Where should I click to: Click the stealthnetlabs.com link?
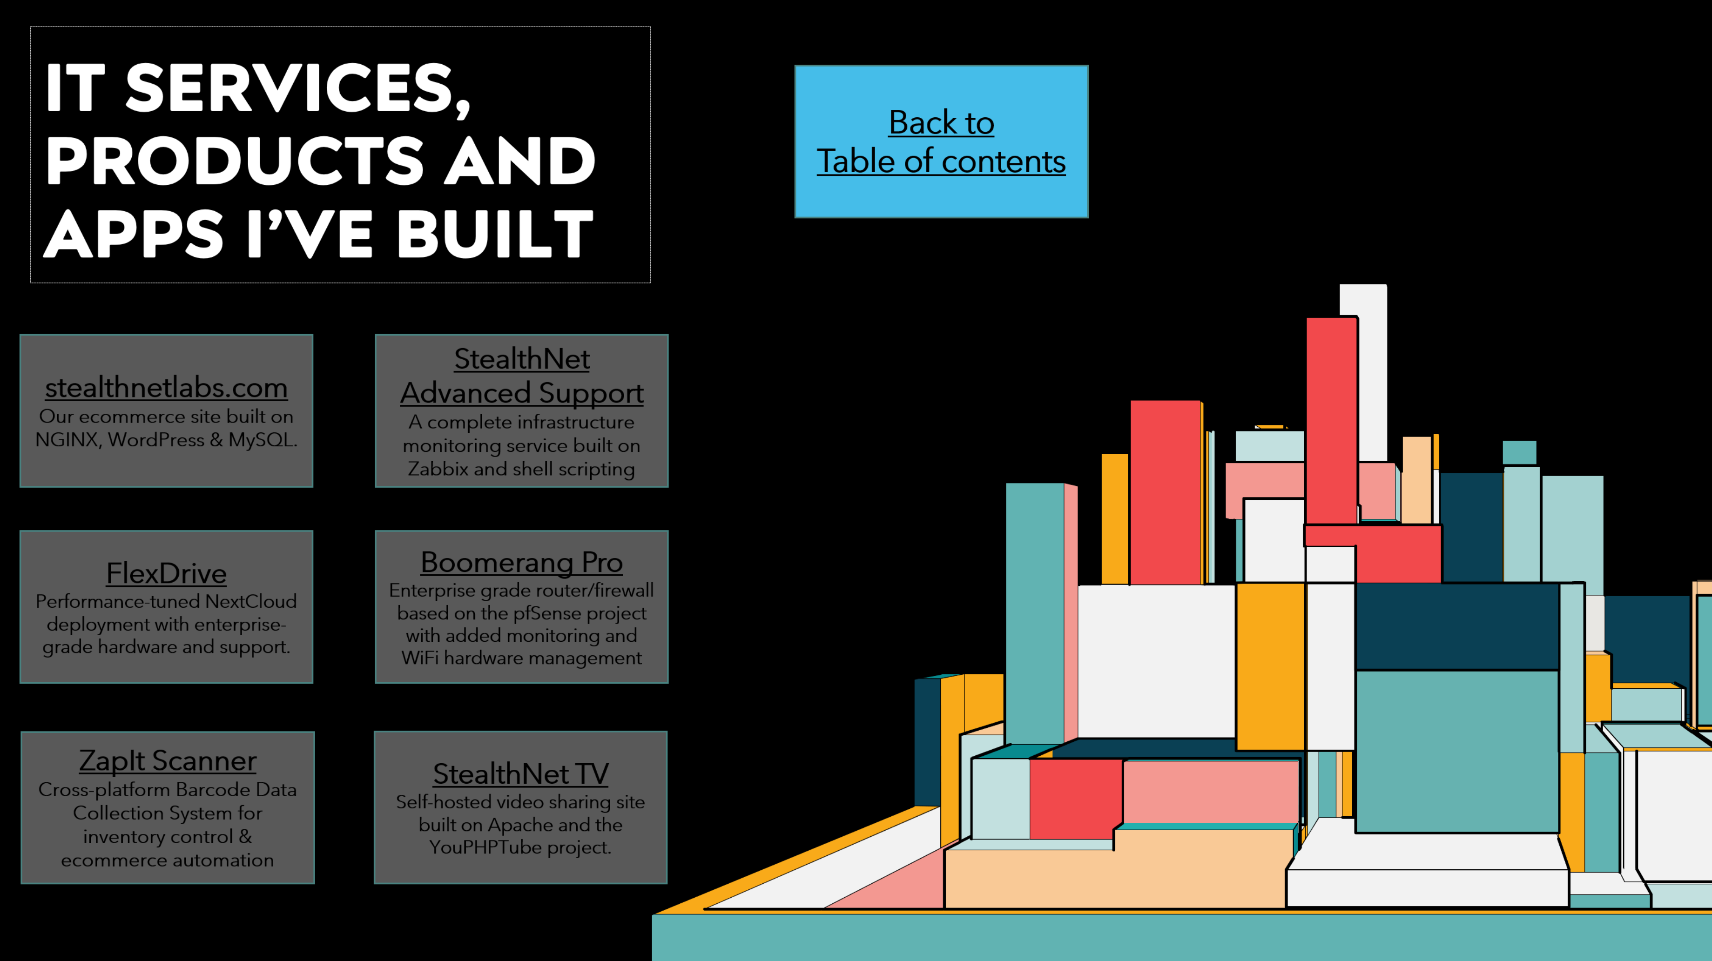click(166, 388)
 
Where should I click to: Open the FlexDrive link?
click(166, 573)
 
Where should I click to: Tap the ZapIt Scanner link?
click(168, 760)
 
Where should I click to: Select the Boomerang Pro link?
click(522, 562)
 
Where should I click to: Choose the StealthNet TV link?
click(521, 773)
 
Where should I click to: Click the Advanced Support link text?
click(522, 393)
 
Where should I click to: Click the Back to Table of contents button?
click(941, 141)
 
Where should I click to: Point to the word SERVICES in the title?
click(298, 88)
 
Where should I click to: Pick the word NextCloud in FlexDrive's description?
click(250, 601)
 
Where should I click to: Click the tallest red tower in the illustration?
click(1331, 420)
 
